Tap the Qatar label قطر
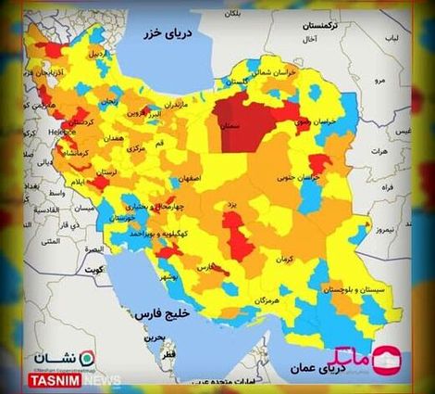[168, 354]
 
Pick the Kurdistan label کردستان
[80, 121]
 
